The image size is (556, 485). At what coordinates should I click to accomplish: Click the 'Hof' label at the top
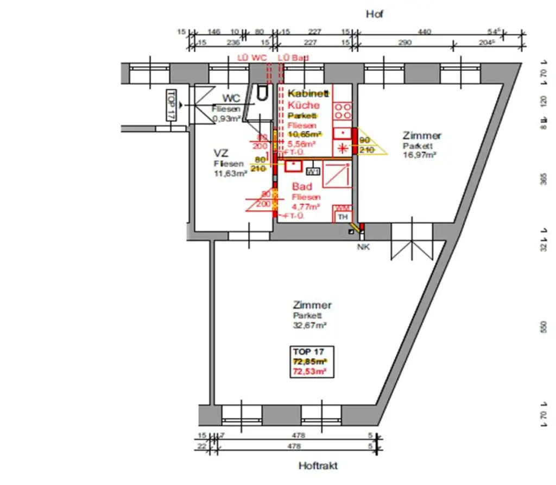(x=375, y=14)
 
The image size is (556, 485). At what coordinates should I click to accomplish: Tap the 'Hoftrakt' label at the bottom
(x=318, y=466)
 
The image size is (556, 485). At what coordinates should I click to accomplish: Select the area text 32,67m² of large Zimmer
(x=309, y=326)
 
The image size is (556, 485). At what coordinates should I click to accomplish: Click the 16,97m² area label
(x=420, y=155)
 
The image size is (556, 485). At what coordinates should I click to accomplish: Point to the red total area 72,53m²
(x=309, y=371)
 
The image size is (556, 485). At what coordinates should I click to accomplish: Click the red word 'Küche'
(x=304, y=105)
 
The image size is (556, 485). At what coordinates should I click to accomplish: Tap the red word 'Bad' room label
(x=302, y=187)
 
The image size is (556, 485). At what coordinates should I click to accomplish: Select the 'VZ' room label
(x=221, y=153)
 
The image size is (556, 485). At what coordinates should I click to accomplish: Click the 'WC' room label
(x=231, y=98)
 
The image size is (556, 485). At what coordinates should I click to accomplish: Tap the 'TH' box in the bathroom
(x=342, y=217)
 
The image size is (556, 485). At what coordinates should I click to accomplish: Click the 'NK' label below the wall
(x=362, y=247)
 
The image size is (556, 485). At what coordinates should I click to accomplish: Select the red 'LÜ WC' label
(x=251, y=58)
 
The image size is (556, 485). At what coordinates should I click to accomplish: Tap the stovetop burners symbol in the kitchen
(x=342, y=111)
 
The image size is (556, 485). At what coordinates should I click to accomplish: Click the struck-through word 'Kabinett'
(x=309, y=93)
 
